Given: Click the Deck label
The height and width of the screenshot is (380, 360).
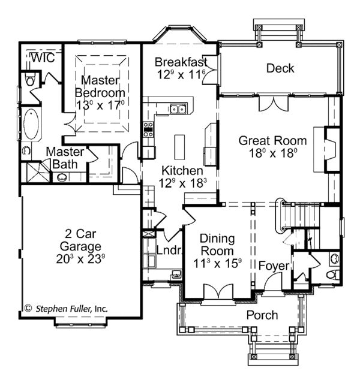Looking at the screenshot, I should (280, 68).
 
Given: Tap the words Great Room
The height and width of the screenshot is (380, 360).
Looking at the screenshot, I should (272, 141).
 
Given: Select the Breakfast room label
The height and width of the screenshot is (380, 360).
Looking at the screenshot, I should (181, 62).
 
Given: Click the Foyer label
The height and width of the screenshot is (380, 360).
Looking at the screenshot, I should (274, 266).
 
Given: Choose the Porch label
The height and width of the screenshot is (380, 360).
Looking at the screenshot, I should (262, 315).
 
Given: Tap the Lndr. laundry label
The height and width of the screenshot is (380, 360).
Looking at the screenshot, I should (169, 251).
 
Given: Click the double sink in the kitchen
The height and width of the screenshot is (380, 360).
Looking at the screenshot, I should (178, 109).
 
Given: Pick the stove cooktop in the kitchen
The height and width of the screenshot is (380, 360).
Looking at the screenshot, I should (148, 130).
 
